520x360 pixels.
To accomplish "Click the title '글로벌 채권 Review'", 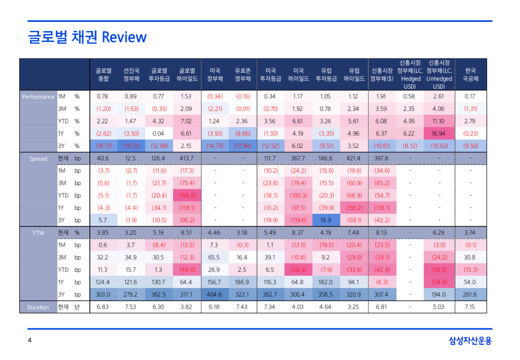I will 87,37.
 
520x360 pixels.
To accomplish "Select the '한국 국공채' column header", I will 470,75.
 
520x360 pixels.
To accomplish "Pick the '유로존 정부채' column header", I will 242,75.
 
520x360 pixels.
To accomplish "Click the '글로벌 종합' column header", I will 103,75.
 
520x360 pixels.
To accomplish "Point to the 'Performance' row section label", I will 38,96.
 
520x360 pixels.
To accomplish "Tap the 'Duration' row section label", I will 38,307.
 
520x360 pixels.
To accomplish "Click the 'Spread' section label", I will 38,158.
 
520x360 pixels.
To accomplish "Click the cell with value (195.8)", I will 187,195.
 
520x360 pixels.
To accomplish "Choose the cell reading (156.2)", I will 354,208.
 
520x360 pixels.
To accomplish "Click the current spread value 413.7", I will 187,158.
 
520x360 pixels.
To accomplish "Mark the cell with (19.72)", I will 131,146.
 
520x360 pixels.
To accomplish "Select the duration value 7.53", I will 131,307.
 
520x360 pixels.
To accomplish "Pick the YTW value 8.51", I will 187,233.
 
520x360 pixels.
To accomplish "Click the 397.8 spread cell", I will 382,158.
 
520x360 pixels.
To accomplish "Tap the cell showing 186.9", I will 242,282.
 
